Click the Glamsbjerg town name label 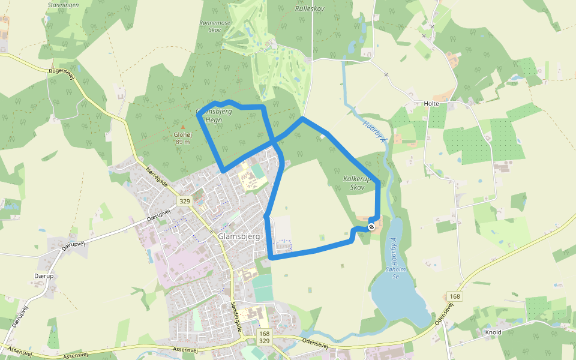click(x=239, y=236)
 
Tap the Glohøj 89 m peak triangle click(x=183, y=127)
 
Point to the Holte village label click(x=431, y=104)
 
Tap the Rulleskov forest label click(x=310, y=9)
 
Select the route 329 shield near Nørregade click(x=184, y=201)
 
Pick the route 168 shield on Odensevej click(x=454, y=296)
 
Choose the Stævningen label click(x=62, y=5)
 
